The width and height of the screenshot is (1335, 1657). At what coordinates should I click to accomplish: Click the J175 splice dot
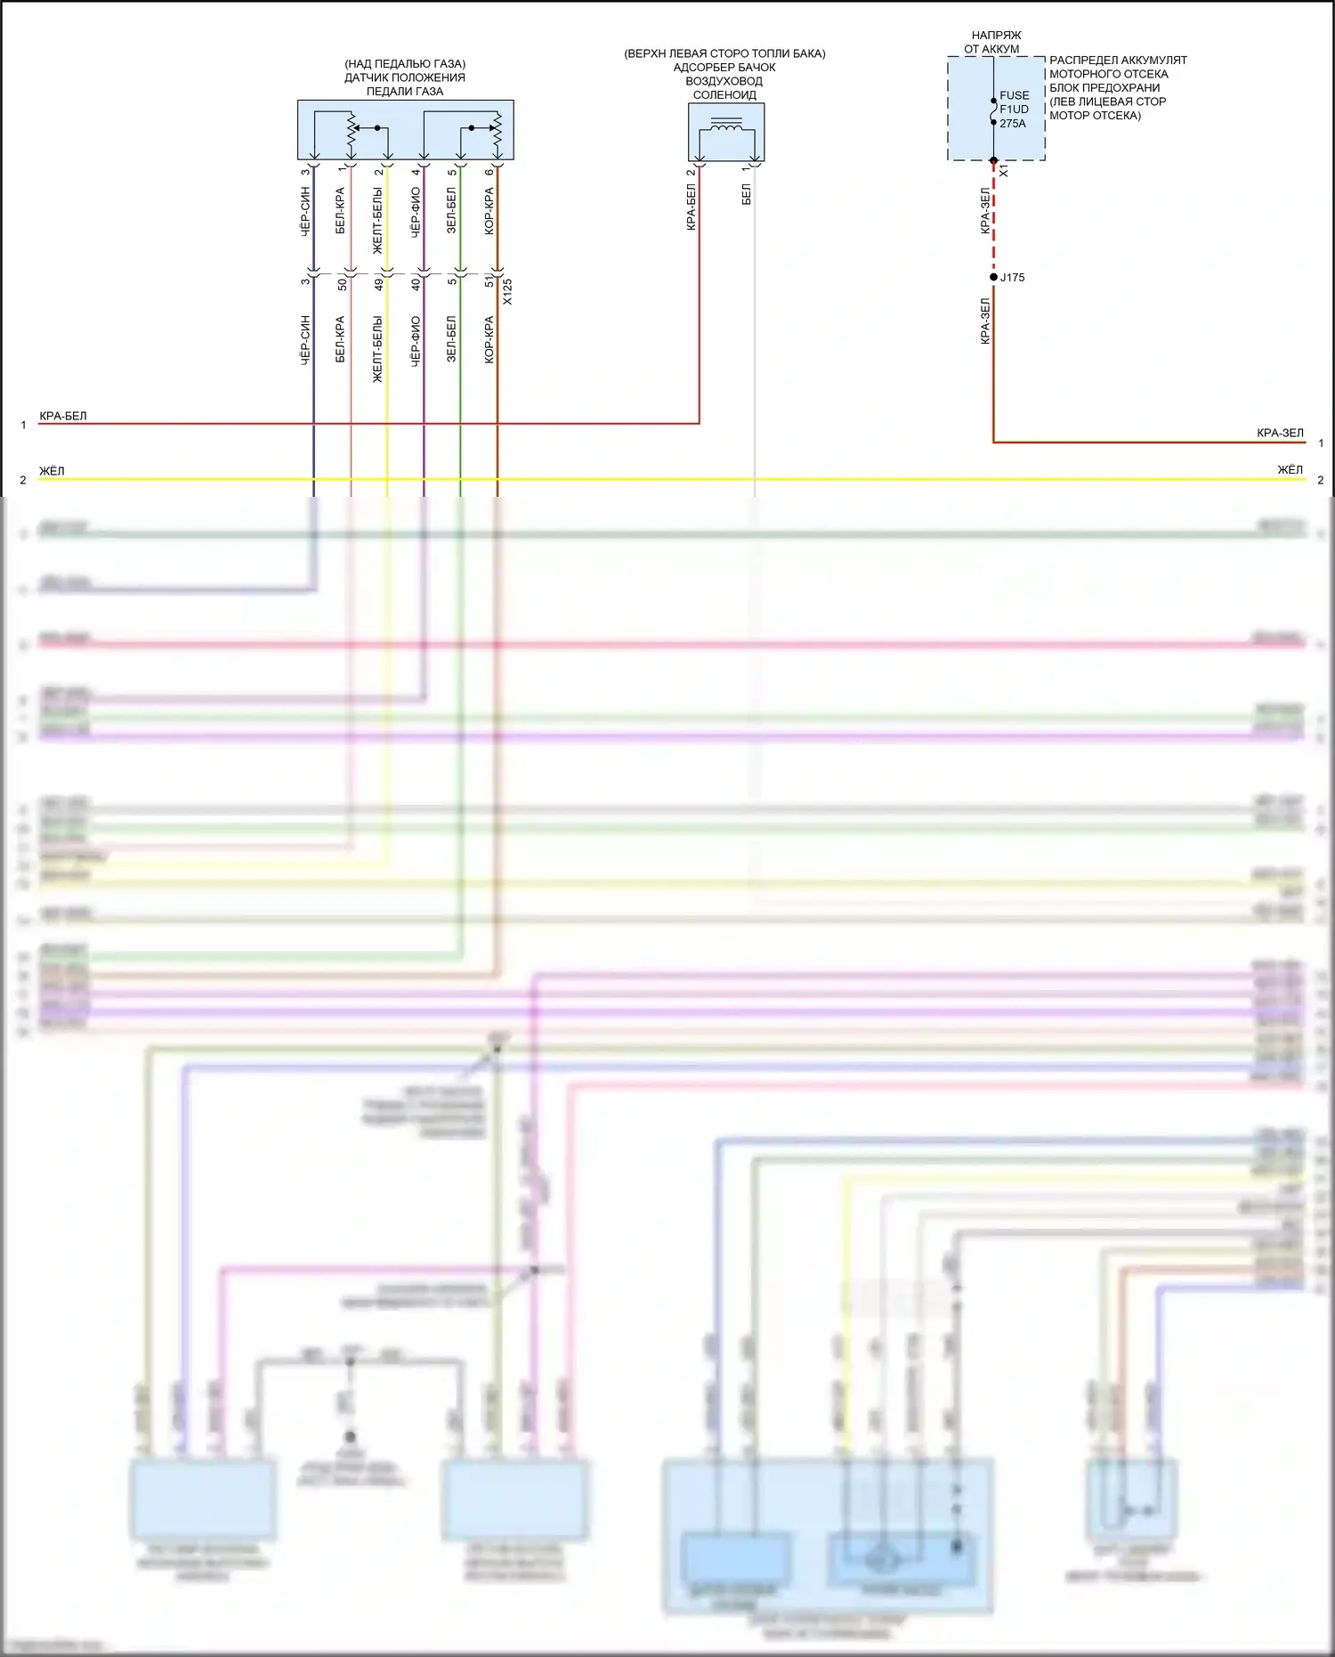click(993, 277)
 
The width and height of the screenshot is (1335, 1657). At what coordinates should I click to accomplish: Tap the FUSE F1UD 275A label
click(1014, 109)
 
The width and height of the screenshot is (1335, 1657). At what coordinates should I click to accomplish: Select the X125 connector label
click(507, 292)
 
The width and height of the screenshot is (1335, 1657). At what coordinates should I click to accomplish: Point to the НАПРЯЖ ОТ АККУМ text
click(994, 42)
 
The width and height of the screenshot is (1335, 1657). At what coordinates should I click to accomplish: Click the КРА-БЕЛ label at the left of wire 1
click(63, 416)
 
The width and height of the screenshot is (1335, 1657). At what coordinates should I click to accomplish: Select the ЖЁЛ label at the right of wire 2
click(1290, 469)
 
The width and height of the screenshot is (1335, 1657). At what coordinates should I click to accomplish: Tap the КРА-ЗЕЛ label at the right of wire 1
click(1280, 433)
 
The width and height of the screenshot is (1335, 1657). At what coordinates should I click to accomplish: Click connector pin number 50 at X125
click(342, 284)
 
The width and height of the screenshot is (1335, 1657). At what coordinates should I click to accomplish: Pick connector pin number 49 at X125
click(379, 284)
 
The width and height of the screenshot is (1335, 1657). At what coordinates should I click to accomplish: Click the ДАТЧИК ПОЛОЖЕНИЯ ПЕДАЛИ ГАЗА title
click(405, 77)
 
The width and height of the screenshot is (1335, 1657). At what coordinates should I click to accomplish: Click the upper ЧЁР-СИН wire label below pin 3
click(305, 211)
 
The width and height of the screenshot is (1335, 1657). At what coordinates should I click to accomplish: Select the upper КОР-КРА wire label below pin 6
click(489, 211)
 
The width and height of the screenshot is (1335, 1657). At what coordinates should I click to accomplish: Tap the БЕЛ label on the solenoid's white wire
click(746, 195)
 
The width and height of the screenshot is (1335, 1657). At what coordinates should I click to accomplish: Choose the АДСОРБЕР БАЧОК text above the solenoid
click(724, 68)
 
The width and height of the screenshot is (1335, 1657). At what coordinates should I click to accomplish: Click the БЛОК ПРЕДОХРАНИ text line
click(1104, 87)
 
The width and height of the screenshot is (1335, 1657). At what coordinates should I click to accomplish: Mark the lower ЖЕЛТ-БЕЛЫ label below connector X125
click(378, 349)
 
